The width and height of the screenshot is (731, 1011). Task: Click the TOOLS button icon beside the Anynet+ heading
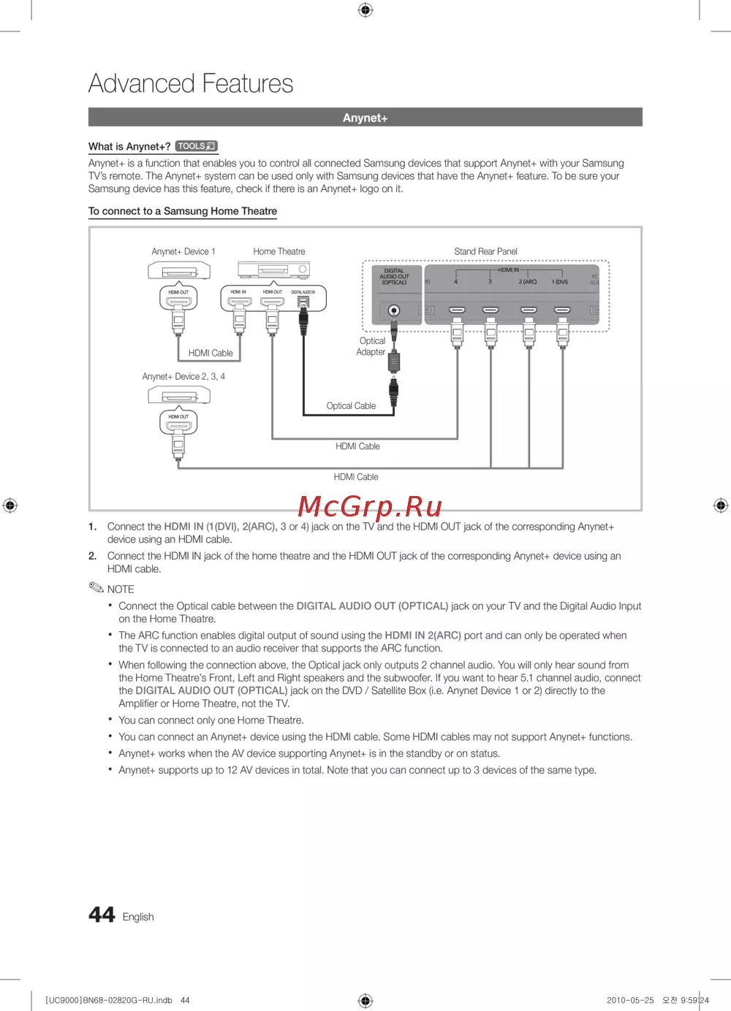[197, 146]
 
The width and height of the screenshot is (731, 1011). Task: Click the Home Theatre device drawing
[273, 270]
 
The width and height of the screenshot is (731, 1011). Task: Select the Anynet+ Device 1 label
[183, 251]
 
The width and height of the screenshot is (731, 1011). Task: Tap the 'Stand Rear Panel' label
[485, 251]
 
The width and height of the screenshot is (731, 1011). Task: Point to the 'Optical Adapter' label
[371, 346]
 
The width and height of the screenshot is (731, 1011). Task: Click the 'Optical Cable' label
[351, 405]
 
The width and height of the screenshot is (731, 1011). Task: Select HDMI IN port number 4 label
[455, 281]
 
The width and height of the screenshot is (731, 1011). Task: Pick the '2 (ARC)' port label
[528, 281]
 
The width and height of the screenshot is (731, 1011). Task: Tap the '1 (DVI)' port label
[560, 281]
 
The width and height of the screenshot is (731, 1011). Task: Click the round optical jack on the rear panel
[394, 310]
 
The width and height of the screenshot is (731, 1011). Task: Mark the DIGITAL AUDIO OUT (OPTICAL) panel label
[394, 276]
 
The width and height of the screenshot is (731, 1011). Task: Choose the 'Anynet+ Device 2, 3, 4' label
[183, 376]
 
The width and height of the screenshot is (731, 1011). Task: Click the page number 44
[102, 915]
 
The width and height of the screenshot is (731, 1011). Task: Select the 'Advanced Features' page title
[191, 83]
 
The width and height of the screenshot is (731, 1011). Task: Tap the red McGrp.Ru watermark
[370, 505]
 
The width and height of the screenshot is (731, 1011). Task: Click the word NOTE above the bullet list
[121, 589]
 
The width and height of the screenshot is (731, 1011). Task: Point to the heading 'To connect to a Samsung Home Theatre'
[183, 211]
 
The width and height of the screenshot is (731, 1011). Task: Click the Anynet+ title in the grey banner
[365, 118]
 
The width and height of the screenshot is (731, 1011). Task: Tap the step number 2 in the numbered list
[93, 556]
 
